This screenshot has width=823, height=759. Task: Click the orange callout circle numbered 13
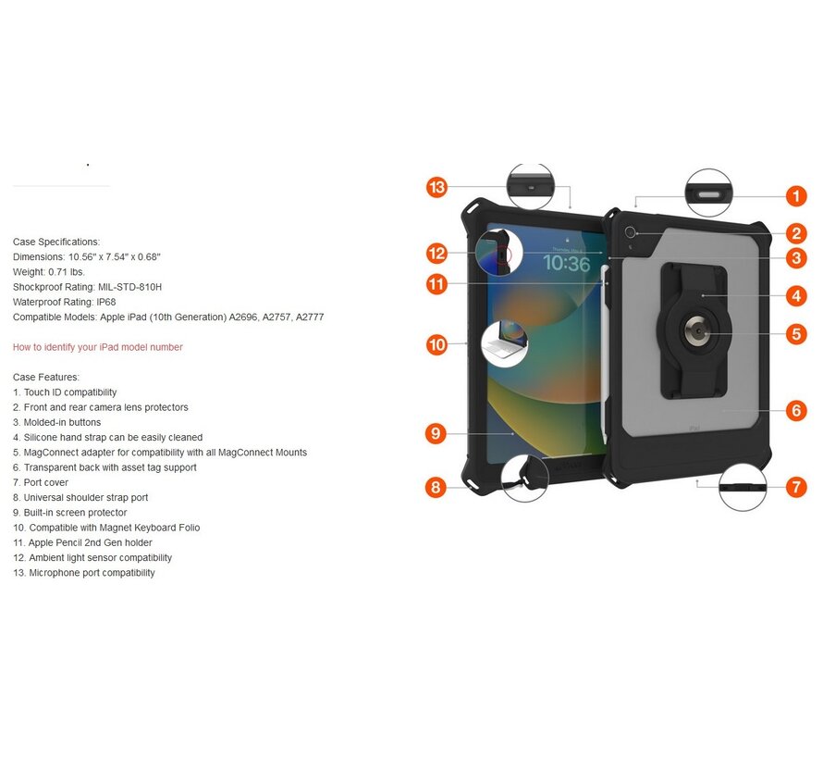436,188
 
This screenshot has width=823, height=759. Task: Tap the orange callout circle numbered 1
796,195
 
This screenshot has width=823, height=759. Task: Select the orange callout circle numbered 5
796,334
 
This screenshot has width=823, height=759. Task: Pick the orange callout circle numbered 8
436,487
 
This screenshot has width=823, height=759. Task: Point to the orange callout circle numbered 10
436,345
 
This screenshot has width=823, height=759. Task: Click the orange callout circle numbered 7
796,487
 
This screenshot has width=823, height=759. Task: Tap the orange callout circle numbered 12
436,253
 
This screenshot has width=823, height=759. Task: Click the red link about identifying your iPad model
97,347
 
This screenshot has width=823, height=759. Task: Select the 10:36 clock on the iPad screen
565,265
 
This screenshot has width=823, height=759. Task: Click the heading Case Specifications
55,242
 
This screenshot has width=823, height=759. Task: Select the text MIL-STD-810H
129,287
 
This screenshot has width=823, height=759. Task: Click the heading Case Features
46,377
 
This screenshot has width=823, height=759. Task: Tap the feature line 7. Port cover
41,482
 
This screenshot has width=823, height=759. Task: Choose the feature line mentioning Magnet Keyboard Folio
106,528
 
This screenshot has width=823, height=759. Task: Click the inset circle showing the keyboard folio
504,345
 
